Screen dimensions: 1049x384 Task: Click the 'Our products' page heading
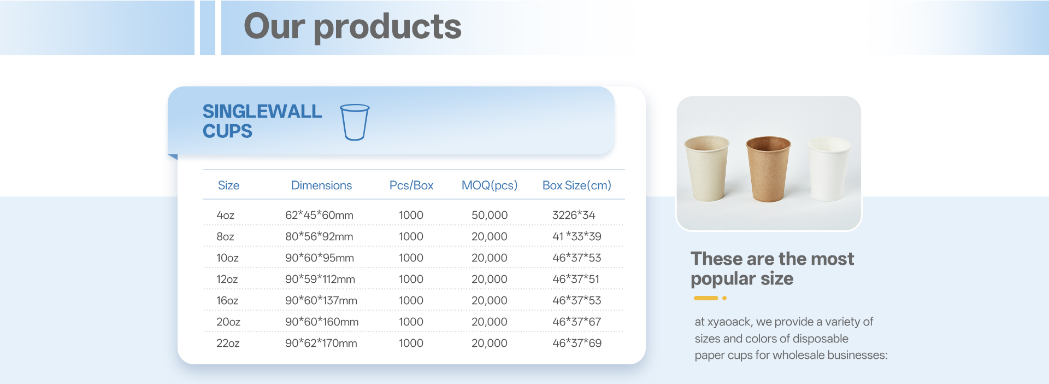tap(352, 27)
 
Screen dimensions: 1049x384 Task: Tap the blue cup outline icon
tap(355, 122)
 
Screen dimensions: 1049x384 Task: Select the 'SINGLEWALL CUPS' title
tap(262, 121)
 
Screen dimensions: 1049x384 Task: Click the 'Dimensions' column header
tap(321, 185)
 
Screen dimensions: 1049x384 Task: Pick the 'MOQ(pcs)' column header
tap(490, 185)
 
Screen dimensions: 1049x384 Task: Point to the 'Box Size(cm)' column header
tap(577, 185)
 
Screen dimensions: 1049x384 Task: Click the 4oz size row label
tap(226, 215)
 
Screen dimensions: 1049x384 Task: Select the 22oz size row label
tap(228, 343)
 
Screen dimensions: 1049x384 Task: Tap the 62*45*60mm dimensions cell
tap(319, 215)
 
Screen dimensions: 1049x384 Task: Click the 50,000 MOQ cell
tap(490, 216)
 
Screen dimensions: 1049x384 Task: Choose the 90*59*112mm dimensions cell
tap(320, 279)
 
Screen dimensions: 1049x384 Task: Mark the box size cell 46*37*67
tap(576, 322)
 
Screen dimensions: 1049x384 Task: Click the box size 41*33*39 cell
tap(576, 236)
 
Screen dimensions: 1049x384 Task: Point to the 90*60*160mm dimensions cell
tap(322, 322)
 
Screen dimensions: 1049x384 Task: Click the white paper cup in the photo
tap(829, 169)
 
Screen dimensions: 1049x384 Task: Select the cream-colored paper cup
tap(707, 168)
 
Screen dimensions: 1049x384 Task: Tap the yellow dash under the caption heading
tap(706, 298)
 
